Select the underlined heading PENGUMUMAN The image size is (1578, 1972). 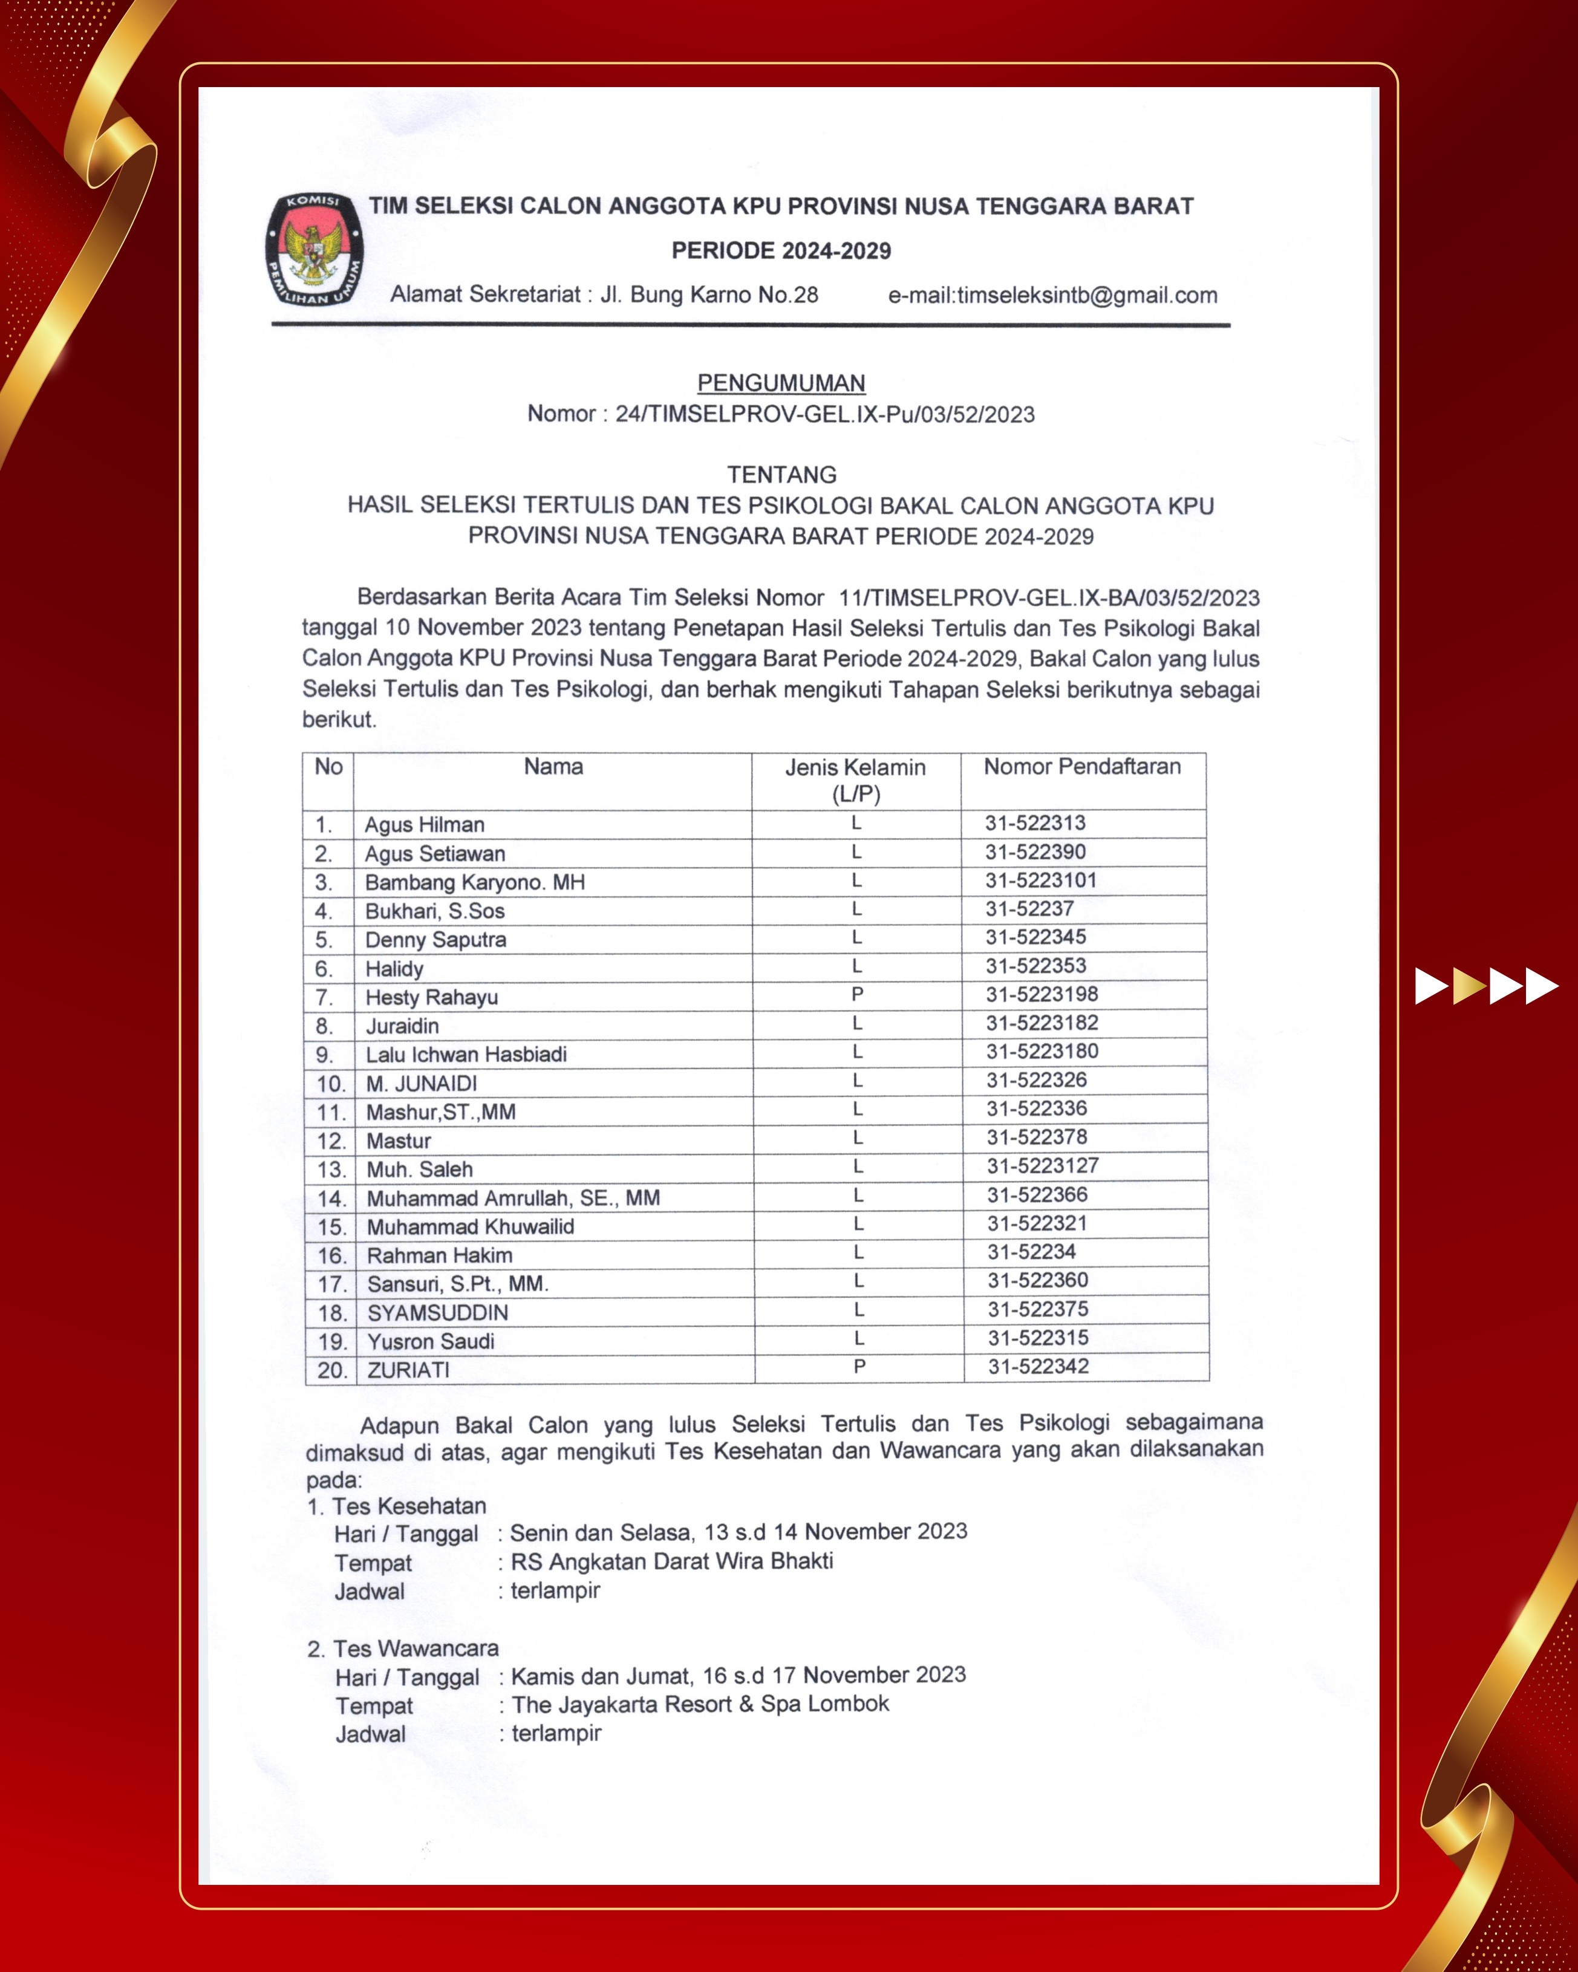pos(781,383)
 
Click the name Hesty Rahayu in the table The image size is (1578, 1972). pos(432,997)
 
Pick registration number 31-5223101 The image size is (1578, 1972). pos(1041,880)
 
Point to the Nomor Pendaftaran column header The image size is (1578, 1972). pos(1082,766)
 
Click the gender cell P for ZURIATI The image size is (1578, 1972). pos(859,1367)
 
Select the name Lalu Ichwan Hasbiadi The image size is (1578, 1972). pos(466,1055)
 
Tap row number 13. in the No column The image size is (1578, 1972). pos(331,1170)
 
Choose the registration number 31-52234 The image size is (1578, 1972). pos(1031,1251)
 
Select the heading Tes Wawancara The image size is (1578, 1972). pos(416,1649)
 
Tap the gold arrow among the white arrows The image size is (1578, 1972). pos(1469,986)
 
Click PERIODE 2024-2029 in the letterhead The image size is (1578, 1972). pos(781,250)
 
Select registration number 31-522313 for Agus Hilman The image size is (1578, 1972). pos(1035,822)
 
